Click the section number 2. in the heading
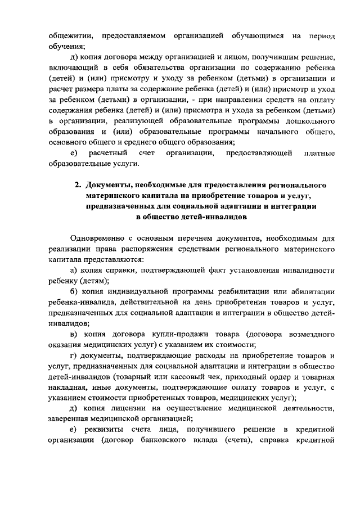pyautogui.click(x=78, y=185)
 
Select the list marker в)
pyautogui.click(x=73, y=334)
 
